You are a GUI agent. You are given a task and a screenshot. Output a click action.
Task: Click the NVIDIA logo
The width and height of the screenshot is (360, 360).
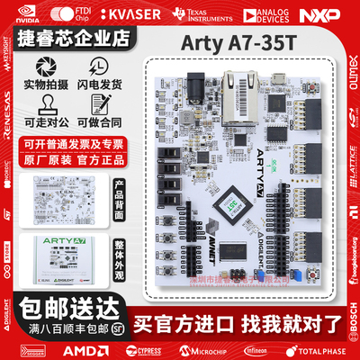click(x=27, y=13)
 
